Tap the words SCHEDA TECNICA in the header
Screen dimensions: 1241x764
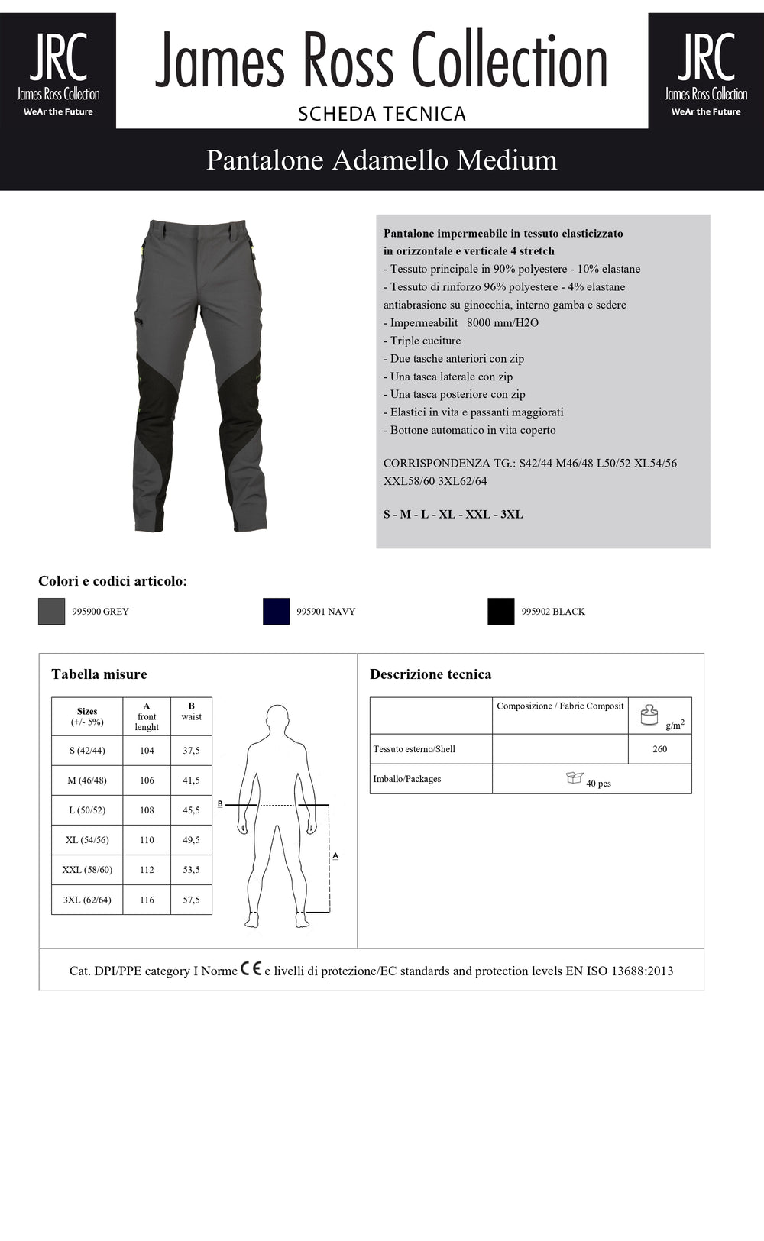(x=382, y=114)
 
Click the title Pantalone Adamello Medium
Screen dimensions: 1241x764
(x=382, y=160)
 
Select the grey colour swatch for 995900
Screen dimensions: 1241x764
(x=52, y=611)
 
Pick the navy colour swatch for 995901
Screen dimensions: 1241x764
(x=276, y=611)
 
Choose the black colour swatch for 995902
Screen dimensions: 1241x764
(x=501, y=611)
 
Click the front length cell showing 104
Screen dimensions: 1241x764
(x=147, y=751)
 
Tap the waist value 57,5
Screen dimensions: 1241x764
(x=191, y=900)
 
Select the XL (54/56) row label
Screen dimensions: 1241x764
(x=87, y=840)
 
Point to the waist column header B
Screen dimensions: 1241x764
(x=191, y=706)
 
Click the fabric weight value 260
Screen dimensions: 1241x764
(x=659, y=749)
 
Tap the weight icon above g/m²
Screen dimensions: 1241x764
(x=649, y=714)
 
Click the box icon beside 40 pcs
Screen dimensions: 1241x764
(x=575, y=777)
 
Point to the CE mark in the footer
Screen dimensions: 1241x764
(x=251, y=969)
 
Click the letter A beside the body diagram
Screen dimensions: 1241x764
(x=335, y=856)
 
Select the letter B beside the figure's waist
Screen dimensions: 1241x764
(x=220, y=803)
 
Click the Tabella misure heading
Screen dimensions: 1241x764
(x=99, y=674)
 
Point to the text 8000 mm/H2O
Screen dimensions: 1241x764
(x=503, y=323)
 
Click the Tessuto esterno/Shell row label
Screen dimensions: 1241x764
(x=414, y=749)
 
